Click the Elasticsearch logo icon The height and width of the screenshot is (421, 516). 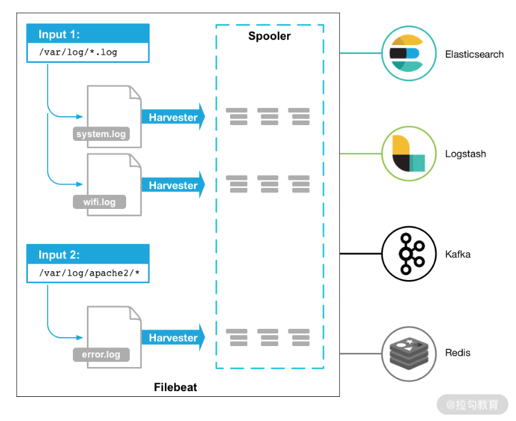pyautogui.click(x=408, y=53)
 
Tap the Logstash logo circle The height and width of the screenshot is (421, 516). pyautogui.click(x=408, y=154)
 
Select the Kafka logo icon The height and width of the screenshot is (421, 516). pyautogui.click(x=408, y=254)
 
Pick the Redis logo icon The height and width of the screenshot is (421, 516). pyautogui.click(x=408, y=353)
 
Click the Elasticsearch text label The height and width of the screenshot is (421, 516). pyautogui.click(x=474, y=55)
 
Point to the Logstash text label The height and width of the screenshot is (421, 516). pyautogui.click(x=465, y=154)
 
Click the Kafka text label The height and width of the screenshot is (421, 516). pyautogui.click(x=458, y=255)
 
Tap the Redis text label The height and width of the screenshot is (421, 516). pyautogui.click(x=458, y=353)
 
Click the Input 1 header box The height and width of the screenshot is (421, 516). pyautogui.click(x=87, y=34)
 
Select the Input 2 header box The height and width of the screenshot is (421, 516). pyautogui.click(x=87, y=255)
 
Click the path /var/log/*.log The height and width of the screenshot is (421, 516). pyautogui.click(x=78, y=53)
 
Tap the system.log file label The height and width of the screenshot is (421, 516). pyautogui.click(x=101, y=134)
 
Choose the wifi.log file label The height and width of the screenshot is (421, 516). pyautogui.click(x=100, y=203)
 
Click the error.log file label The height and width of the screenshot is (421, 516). pyautogui.click(x=101, y=354)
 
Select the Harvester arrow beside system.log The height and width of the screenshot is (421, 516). pyautogui.click(x=173, y=117)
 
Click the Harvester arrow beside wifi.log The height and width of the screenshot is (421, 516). pyautogui.click(x=173, y=185)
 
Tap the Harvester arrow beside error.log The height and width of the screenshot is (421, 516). pyautogui.click(x=173, y=338)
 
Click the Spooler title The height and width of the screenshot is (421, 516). pyautogui.click(x=269, y=36)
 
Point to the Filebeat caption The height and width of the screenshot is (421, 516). pyautogui.click(x=176, y=387)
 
